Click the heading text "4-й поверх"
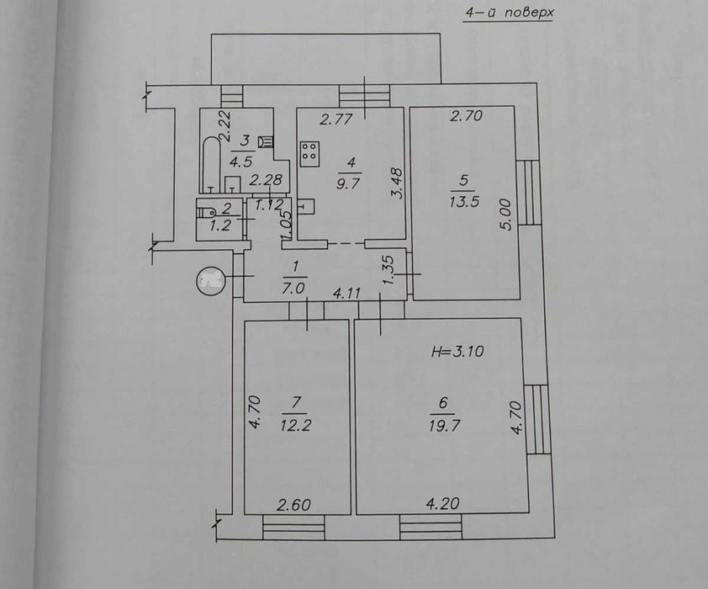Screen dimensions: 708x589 510,13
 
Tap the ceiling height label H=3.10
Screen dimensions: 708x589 457,351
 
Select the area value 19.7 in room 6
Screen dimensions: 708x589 444,426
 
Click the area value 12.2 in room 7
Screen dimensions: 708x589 295,425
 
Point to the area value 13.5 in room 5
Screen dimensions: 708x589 464,201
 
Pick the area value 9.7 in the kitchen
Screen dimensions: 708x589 347,183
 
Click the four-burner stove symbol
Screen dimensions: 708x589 309,154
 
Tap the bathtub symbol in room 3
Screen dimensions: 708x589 210,164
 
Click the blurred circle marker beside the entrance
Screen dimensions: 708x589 210,281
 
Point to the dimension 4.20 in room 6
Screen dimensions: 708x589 443,503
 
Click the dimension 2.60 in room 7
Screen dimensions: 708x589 293,505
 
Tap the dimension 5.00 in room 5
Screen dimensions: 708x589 507,215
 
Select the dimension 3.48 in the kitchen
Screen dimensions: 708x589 398,183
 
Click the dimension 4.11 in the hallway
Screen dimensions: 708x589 346,294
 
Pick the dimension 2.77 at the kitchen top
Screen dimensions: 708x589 336,119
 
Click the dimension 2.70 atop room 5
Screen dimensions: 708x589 467,115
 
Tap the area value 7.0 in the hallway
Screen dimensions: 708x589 293,288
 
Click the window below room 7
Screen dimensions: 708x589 293,527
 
